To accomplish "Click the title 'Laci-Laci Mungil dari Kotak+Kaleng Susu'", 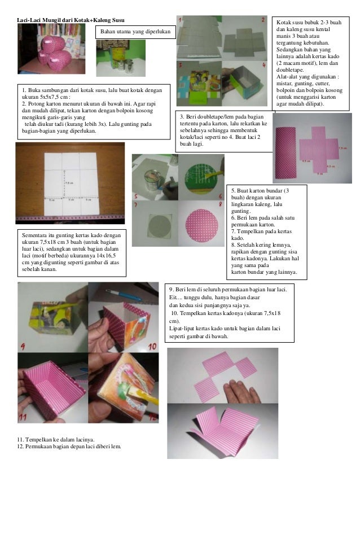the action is tap(71, 20).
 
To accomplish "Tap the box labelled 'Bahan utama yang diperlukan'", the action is tap(135, 32).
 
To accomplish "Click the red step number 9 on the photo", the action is tap(23, 347).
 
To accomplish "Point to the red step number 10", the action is tap(152, 347).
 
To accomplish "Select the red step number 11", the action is tap(23, 417).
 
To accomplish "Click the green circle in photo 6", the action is tap(200, 179).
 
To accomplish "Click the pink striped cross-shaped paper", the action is tap(319, 150).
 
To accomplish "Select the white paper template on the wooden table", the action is tap(72, 184).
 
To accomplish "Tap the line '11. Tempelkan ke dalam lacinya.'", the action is tap(56, 440).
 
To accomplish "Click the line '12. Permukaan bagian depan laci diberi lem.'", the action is tap(69, 447).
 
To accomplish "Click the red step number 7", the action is tap(135, 204).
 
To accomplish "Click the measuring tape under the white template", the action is tap(70, 218).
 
